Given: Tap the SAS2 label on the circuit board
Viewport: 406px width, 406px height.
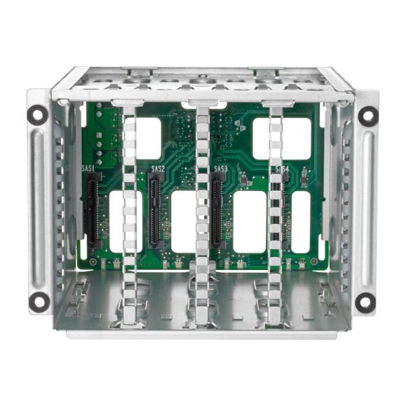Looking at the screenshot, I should click(158, 168).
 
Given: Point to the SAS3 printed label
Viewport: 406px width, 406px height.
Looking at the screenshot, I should click(221, 168).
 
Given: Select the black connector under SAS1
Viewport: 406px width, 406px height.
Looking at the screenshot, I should click(93, 210).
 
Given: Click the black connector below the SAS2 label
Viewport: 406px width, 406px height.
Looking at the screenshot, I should click(156, 210).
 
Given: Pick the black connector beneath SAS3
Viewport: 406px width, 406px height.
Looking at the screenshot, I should click(218, 210).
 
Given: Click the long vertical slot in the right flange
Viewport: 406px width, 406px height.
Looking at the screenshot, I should click(367, 206).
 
